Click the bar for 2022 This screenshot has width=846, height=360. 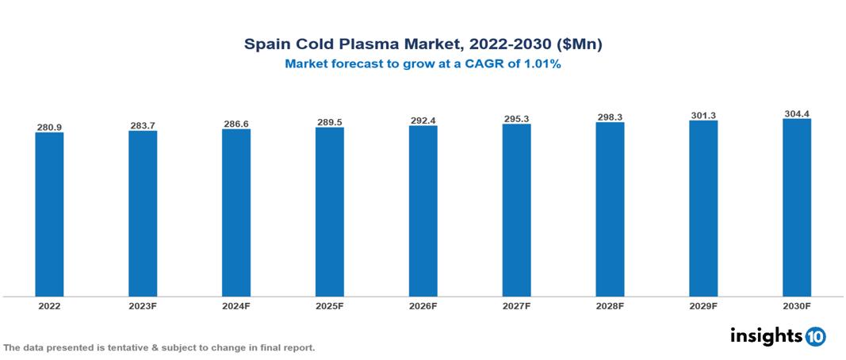(49, 214)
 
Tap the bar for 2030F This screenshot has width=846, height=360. (796, 208)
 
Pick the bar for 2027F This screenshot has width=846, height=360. (516, 210)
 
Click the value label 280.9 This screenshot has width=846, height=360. (49, 127)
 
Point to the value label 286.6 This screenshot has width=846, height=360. (236, 124)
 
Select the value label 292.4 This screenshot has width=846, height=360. (423, 121)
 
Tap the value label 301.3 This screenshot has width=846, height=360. (703, 116)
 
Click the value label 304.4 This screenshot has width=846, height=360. (796, 113)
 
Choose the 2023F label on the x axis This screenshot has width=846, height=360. (143, 305)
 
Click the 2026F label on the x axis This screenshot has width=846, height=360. (423, 305)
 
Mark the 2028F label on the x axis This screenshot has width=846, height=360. (610, 305)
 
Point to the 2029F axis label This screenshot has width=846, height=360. (703, 305)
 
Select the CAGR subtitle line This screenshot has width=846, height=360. (423, 65)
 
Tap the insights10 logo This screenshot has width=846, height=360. (778, 336)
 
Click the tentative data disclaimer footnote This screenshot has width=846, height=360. (159, 347)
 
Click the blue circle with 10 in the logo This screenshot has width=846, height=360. (816, 337)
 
